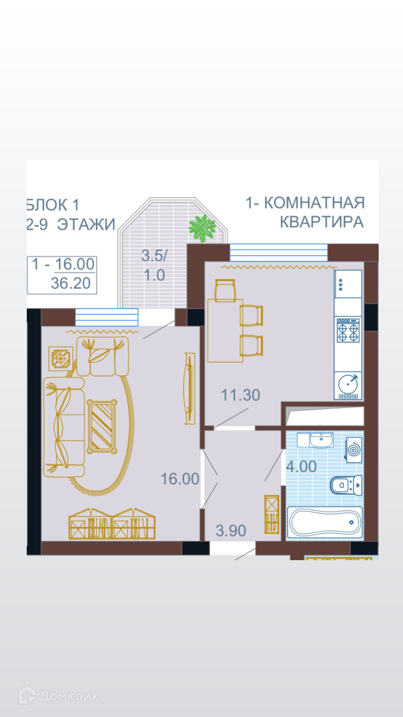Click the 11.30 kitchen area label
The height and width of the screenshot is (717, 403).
click(240, 395)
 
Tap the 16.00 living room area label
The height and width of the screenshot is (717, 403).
click(180, 479)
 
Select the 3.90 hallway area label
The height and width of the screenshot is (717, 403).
click(231, 530)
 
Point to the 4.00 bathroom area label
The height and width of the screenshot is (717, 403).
click(301, 466)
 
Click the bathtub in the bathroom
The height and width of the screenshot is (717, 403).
click(325, 522)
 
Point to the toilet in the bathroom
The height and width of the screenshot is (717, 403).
click(346, 485)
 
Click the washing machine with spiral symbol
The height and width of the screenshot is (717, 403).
click(353, 450)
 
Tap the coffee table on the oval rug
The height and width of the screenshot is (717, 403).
click(102, 426)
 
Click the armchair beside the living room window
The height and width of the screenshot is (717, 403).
click(103, 356)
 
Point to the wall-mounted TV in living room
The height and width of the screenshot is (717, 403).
click(190, 388)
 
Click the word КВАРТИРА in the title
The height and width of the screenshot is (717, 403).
click(322, 222)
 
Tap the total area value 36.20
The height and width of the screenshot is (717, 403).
click(71, 283)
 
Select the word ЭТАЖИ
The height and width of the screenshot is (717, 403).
click(86, 224)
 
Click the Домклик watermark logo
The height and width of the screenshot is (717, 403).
click(58, 696)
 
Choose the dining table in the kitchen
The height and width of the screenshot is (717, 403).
click(225, 330)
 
